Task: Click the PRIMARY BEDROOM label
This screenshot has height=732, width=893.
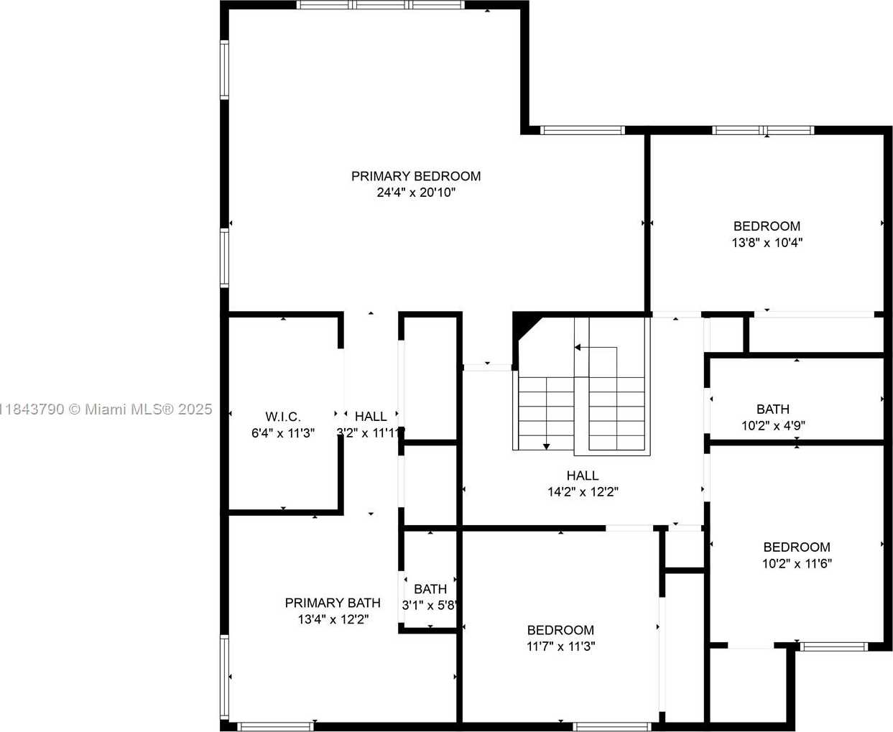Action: (416, 176)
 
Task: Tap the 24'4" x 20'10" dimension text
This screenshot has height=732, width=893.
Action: (416, 193)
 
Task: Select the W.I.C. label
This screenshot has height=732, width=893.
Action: (283, 417)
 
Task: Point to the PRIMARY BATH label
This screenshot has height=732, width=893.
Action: (333, 603)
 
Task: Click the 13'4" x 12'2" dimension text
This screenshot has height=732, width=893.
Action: (333, 619)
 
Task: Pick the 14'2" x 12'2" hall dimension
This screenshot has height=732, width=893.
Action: (583, 492)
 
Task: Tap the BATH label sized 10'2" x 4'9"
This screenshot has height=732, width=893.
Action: (773, 409)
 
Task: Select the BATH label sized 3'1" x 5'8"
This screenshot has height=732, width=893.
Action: (430, 589)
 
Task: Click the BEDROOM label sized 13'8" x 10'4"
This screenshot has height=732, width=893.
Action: (767, 226)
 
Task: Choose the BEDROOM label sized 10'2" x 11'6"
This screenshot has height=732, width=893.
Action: (797, 547)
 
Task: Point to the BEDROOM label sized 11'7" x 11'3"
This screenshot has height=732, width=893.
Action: (560, 630)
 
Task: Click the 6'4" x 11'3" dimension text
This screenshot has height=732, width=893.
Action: (283, 433)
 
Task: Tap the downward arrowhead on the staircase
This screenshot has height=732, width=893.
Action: (546, 446)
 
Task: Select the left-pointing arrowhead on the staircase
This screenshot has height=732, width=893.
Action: (578, 348)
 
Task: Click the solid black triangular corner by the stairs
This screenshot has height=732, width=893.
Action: (523, 325)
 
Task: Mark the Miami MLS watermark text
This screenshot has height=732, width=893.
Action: (106, 409)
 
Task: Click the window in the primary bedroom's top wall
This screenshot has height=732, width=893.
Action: (380, 4)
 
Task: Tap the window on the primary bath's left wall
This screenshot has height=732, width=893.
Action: (224, 677)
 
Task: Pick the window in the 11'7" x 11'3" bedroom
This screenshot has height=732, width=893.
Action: (613, 727)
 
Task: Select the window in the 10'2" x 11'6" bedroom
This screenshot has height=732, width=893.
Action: (833, 647)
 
